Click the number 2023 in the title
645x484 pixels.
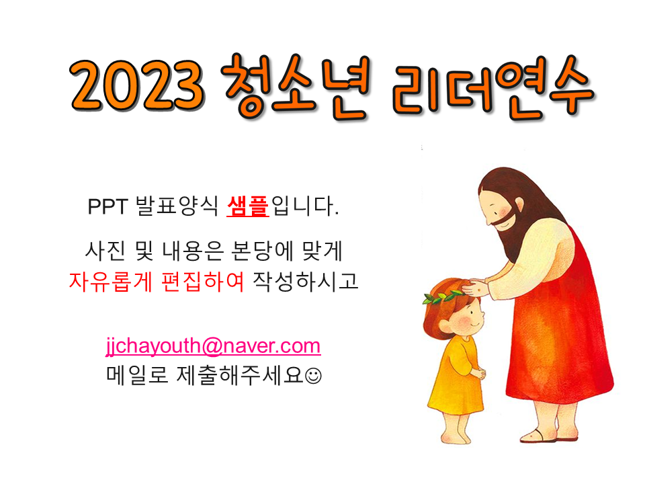[137, 85]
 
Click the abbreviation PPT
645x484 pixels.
[107, 206]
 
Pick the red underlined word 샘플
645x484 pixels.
[248, 206]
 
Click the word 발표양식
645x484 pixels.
[177, 206]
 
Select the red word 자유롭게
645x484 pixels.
[110, 282]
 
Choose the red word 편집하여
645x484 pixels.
[202, 282]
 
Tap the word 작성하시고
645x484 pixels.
[305, 282]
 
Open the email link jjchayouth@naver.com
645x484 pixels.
[213, 346]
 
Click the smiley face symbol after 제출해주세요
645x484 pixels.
[314, 376]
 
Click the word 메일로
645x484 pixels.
[137, 375]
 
